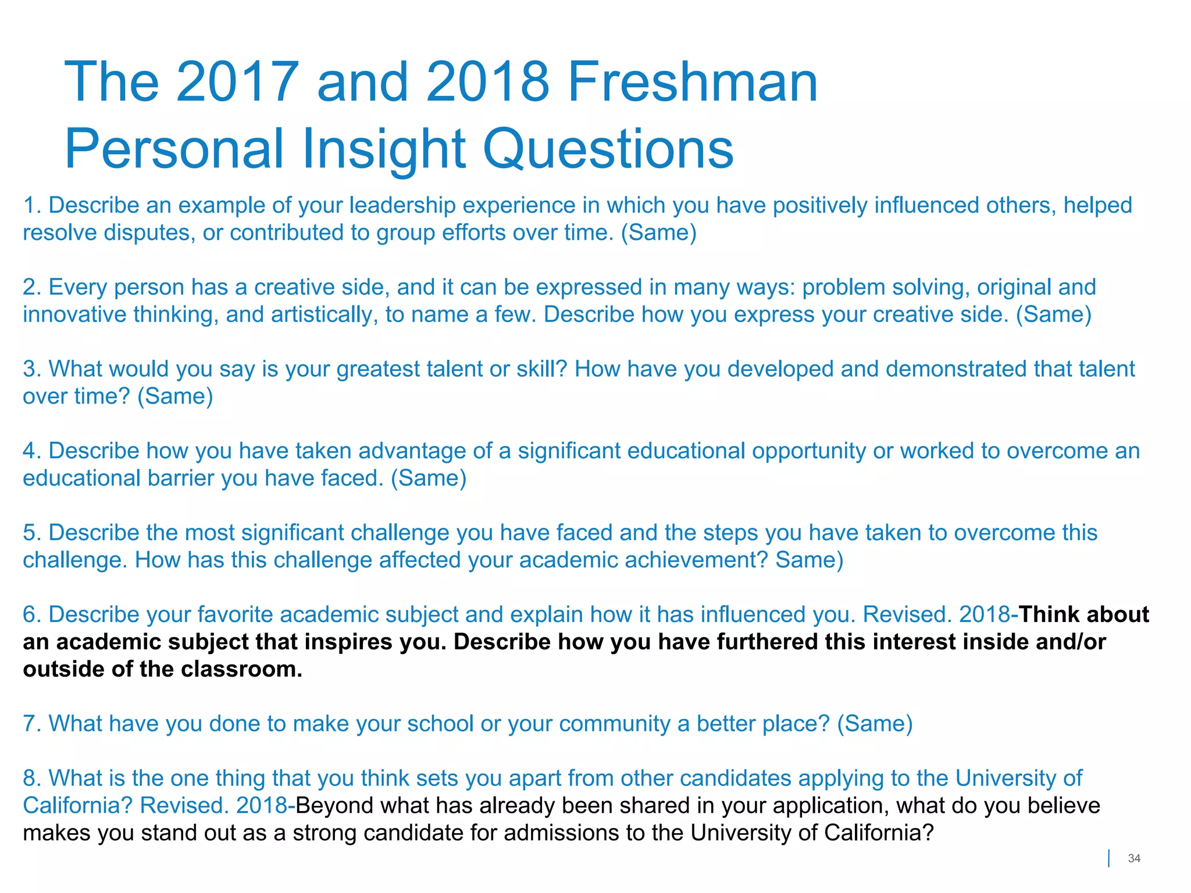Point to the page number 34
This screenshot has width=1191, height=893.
pyautogui.click(x=1133, y=858)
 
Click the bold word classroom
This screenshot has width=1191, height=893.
pyautogui.click(x=241, y=669)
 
